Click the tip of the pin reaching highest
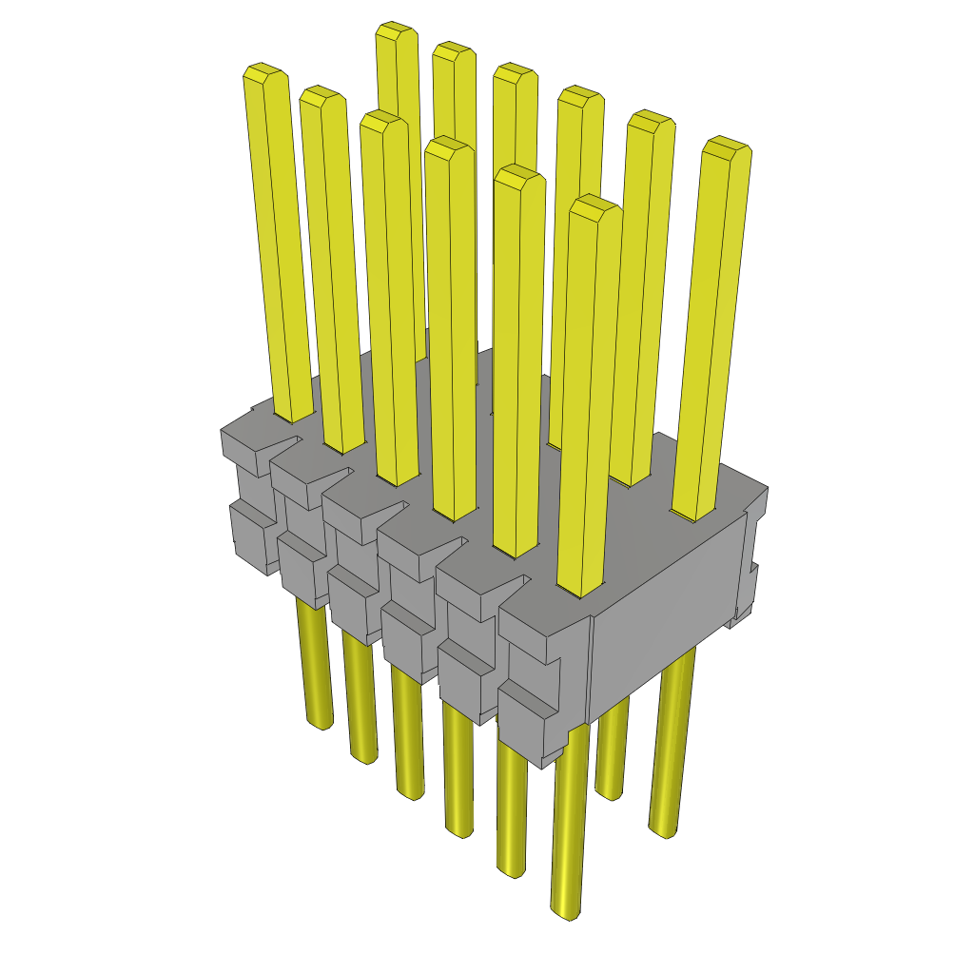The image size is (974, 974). (x=397, y=29)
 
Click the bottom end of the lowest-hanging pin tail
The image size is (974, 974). (x=566, y=913)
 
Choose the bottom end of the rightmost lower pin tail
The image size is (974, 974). (x=663, y=831)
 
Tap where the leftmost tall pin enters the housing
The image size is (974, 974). (x=294, y=417)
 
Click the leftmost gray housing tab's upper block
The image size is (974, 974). (x=245, y=451)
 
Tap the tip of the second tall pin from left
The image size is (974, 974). (x=321, y=93)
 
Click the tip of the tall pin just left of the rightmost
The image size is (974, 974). (x=652, y=118)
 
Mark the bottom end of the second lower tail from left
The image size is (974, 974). (x=364, y=757)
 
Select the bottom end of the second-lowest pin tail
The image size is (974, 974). (x=511, y=870)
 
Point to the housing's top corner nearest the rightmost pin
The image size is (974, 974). (x=765, y=491)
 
